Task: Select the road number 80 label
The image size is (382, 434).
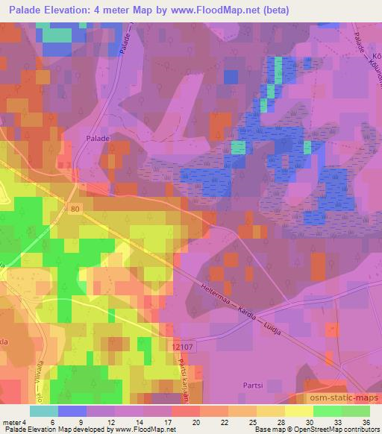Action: click(x=72, y=209)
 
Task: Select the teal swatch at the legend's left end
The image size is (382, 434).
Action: click(x=44, y=411)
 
